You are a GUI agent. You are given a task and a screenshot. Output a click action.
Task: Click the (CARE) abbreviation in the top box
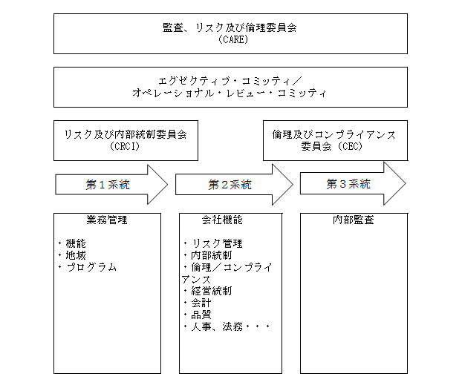pyautogui.click(x=233, y=39)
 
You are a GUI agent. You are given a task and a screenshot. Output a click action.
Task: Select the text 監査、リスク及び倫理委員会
pyautogui.click(x=230, y=27)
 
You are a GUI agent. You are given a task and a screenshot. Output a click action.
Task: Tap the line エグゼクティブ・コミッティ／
pyautogui.click(x=230, y=81)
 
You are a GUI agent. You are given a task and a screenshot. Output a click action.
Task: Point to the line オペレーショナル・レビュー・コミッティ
pyautogui.click(x=230, y=93)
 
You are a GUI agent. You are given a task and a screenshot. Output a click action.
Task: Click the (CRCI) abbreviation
pyautogui.click(x=125, y=146)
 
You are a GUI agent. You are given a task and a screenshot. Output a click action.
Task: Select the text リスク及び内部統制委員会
pyautogui.click(x=126, y=134)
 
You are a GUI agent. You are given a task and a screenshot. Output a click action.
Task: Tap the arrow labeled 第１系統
pyautogui.click(x=111, y=185)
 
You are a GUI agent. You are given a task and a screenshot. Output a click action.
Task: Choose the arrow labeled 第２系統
pyautogui.click(x=234, y=185)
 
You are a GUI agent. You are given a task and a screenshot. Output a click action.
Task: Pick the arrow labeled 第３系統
pyautogui.click(x=353, y=183)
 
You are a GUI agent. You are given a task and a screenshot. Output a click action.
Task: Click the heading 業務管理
pyautogui.click(x=107, y=220)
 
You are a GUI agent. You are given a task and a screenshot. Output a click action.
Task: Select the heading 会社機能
pyautogui.click(x=222, y=220)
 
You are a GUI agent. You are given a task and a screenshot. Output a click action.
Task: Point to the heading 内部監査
pyautogui.click(x=354, y=220)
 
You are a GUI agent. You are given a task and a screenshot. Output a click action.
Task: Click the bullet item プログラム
pyautogui.click(x=91, y=267)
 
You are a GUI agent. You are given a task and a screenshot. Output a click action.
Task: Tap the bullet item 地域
pyautogui.click(x=76, y=255)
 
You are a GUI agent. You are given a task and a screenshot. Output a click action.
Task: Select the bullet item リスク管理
pyautogui.click(x=217, y=243)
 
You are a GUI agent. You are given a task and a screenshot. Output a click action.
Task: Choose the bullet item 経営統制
pyautogui.click(x=212, y=291)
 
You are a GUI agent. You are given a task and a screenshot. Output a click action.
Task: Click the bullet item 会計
pyautogui.click(x=201, y=303)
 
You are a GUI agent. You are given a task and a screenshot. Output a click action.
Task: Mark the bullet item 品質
pyautogui.click(x=201, y=315)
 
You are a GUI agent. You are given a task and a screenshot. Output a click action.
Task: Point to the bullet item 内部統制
pyautogui.click(x=212, y=255)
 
